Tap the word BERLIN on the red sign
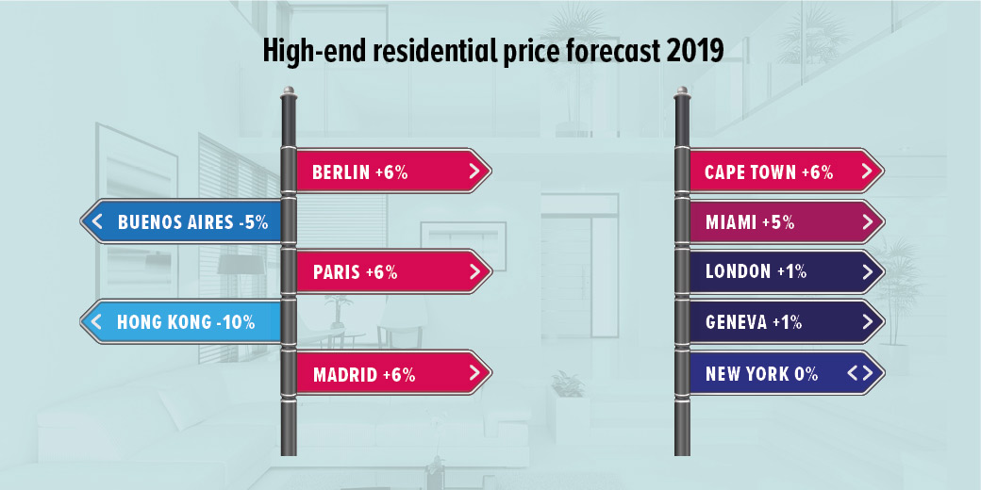pos(341,172)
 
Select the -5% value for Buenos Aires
pos(254,223)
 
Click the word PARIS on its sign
pos(336,273)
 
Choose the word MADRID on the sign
pos(344,374)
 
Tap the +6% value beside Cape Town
pos(817,172)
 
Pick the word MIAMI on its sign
pos(731,223)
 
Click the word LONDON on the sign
pos(739,272)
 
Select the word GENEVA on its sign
pos(736,322)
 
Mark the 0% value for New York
pos(806,374)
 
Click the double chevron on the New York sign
pos(859,373)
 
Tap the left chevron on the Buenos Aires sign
pos(96,223)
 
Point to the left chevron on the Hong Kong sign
pos(96,322)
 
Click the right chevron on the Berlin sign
pos(474,172)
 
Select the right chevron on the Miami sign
pos(867,223)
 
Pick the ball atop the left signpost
pos(290,92)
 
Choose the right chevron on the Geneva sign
pos(867,322)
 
